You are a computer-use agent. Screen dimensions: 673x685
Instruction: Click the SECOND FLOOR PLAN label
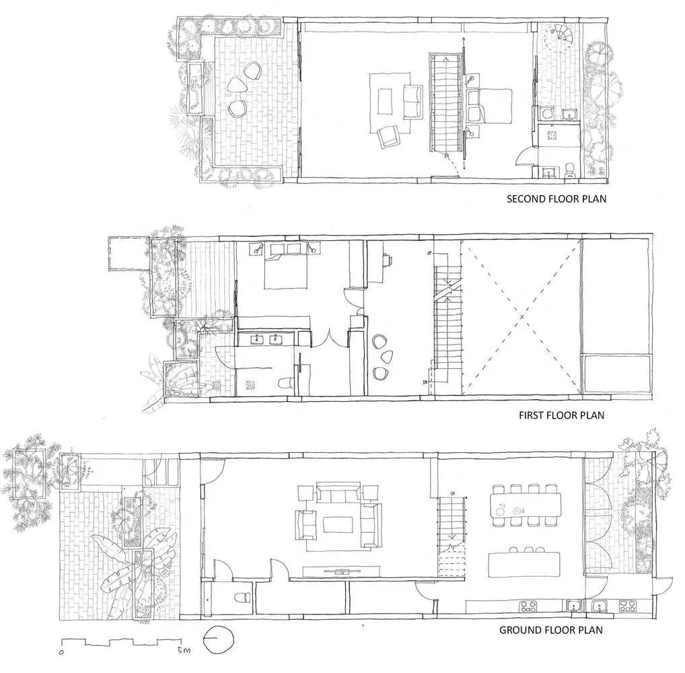point(556,199)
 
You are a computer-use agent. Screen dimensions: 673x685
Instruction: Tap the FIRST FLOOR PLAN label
point(561,415)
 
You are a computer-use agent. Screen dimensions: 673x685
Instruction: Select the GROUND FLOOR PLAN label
point(550,631)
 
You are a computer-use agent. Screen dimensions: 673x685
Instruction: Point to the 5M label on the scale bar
point(184,651)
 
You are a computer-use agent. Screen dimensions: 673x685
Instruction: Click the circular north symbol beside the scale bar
point(216,639)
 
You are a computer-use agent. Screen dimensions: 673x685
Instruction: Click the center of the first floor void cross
point(521,316)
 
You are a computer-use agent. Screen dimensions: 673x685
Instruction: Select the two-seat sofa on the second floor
point(412,103)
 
